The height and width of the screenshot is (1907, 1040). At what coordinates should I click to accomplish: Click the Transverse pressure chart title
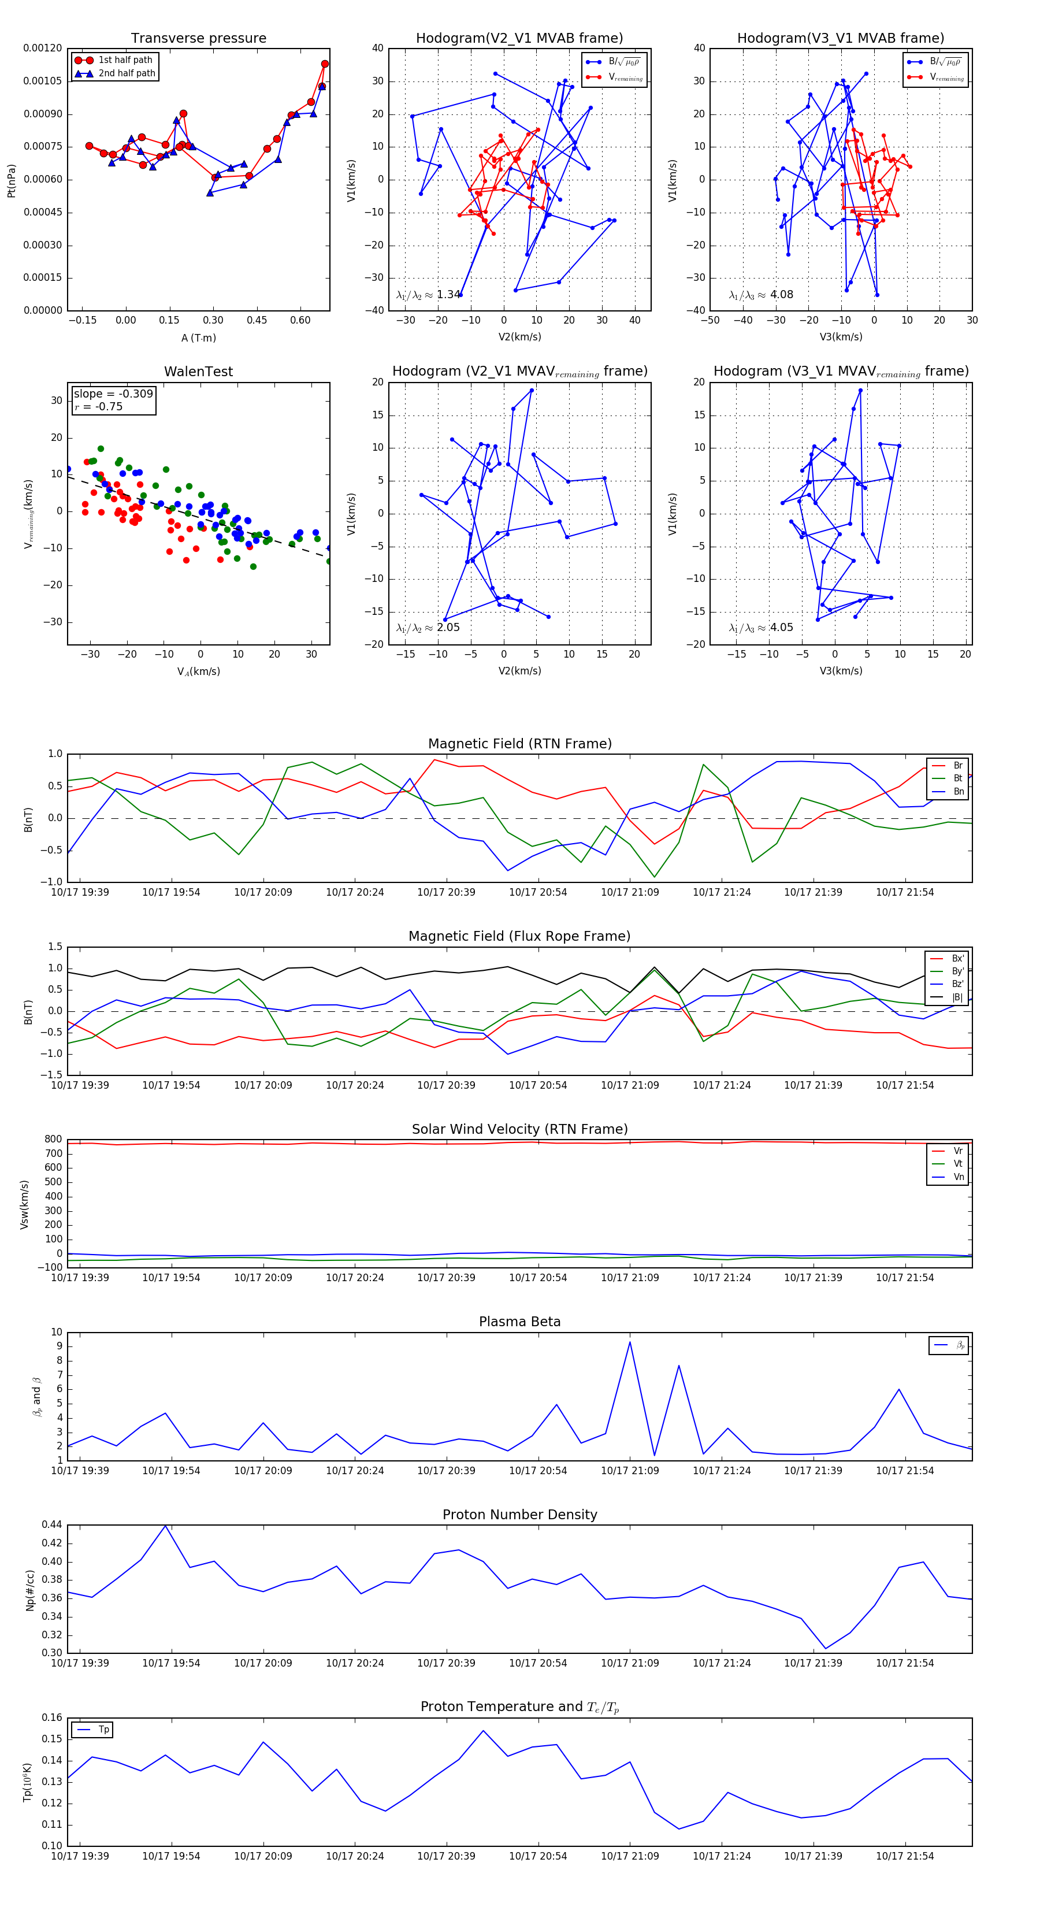coord(198,39)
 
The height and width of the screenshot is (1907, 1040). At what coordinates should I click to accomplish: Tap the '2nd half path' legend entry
coord(127,73)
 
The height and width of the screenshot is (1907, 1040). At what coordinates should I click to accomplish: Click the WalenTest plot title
coord(198,372)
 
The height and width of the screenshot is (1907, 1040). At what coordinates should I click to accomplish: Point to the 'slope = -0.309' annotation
coord(113,394)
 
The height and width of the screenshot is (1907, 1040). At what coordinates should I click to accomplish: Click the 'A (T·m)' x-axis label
coord(198,338)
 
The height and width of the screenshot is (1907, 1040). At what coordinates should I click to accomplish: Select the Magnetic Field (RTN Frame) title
coord(519,744)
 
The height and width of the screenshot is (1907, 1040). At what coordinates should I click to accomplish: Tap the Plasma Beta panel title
coord(519,1322)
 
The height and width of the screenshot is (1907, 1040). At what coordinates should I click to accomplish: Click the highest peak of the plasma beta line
coord(630,1343)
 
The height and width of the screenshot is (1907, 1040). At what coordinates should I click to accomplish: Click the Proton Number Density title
coord(519,1515)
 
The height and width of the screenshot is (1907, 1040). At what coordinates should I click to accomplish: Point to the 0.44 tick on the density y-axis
coord(52,1525)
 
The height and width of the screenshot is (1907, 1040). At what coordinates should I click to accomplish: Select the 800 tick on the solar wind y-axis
coord(53,1140)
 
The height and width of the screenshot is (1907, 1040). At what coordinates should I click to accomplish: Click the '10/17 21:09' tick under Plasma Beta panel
coord(630,1471)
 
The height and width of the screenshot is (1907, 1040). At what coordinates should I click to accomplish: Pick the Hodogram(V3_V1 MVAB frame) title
coord(840,39)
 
